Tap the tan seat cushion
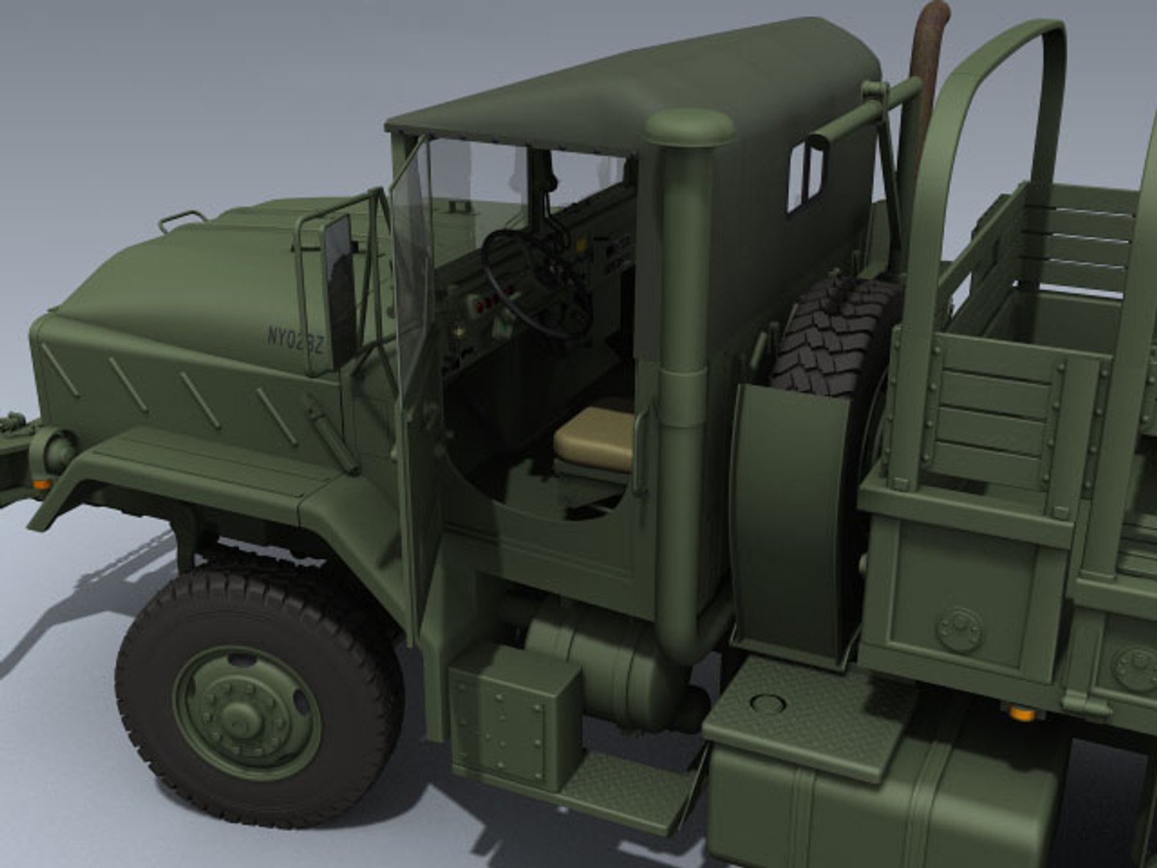595,438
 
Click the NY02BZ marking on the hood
295,342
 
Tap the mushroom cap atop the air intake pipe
689,129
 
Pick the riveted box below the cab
514,715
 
